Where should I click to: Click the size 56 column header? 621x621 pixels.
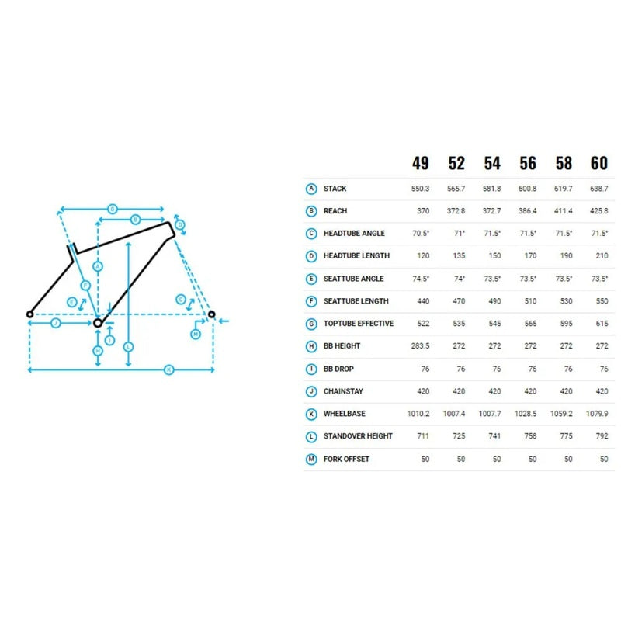point(528,163)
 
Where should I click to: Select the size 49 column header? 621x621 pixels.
point(420,163)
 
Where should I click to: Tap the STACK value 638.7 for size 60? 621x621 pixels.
point(599,189)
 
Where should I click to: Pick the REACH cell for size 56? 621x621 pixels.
point(528,211)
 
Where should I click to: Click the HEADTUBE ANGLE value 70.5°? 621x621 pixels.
point(420,234)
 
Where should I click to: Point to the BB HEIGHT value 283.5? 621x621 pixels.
point(420,346)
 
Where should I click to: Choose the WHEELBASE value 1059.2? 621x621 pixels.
point(564,414)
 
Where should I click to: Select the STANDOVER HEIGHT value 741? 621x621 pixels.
point(492,436)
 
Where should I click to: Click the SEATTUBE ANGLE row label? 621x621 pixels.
point(356,279)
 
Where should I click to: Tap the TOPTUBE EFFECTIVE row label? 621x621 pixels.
point(358,324)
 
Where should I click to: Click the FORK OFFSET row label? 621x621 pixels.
point(346,459)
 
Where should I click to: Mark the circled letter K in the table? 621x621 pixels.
point(311,414)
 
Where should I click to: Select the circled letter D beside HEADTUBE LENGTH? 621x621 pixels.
point(311,256)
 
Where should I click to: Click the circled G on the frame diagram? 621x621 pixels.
point(112,209)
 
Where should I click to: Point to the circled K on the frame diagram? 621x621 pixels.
point(168,370)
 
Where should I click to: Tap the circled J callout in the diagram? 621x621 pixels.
point(55,322)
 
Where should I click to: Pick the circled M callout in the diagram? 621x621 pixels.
point(196,333)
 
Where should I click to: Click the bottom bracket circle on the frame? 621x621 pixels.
point(98,322)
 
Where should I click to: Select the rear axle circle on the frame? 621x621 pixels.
point(29,314)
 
